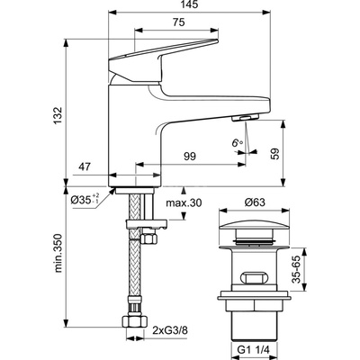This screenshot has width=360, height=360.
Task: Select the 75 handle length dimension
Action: [178, 22]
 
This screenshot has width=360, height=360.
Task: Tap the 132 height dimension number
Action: [58, 116]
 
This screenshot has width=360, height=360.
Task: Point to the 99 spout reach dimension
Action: [189, 157]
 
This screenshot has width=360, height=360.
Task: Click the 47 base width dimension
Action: [85, 166]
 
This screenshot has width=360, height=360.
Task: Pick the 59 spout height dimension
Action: [274, 153]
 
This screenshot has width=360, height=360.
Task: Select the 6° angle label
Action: [237, 142]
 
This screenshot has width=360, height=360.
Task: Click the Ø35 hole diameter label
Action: [85, 199]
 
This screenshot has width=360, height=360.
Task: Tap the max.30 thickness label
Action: [184, 202]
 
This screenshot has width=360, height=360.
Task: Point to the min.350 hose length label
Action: [58, 253]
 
